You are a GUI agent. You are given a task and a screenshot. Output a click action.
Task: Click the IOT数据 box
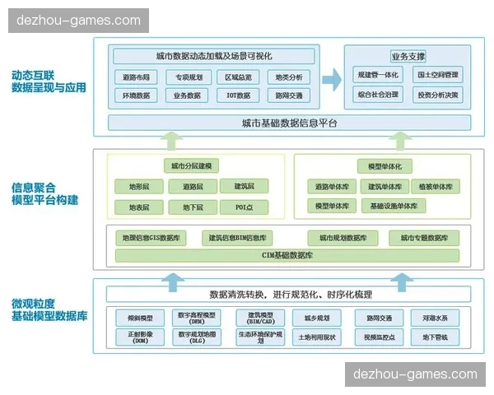[x=240, y=95]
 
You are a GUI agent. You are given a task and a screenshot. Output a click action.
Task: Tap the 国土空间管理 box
[x=438, y=76]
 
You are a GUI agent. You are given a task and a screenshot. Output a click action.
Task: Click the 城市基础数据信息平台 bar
[x=290, y=123]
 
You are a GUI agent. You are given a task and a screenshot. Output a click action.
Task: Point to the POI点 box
[x=242, y=207]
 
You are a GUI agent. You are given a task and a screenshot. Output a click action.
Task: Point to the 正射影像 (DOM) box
[x=134, y=337]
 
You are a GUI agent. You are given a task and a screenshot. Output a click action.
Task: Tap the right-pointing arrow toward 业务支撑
[x=331, y=79]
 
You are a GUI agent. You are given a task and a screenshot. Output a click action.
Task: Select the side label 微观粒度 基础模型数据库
[x=49, y=310]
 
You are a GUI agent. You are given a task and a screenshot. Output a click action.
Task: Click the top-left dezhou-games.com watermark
[x=79, y=21]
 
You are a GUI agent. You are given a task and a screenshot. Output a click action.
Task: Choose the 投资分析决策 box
[x=438, y=95]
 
